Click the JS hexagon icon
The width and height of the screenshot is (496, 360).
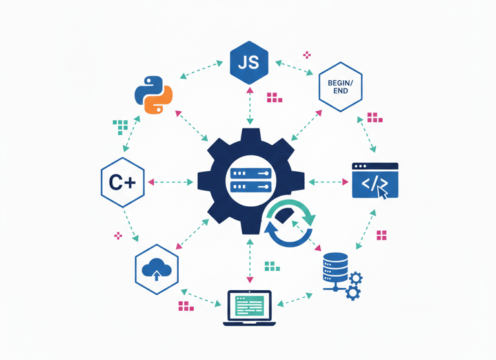coord(249,63)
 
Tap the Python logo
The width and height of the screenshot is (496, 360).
coord(154,95)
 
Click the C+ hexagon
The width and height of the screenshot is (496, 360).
coord(122,183)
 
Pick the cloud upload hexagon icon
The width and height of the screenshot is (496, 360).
coord(156,268)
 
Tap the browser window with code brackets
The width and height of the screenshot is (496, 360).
coord(375,180)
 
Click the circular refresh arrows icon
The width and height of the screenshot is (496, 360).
coord(289,224)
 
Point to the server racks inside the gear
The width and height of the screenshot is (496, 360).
coord(249,181)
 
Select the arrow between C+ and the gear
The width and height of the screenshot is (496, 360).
coord(171,183)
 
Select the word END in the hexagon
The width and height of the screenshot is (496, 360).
coord(340,91)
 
